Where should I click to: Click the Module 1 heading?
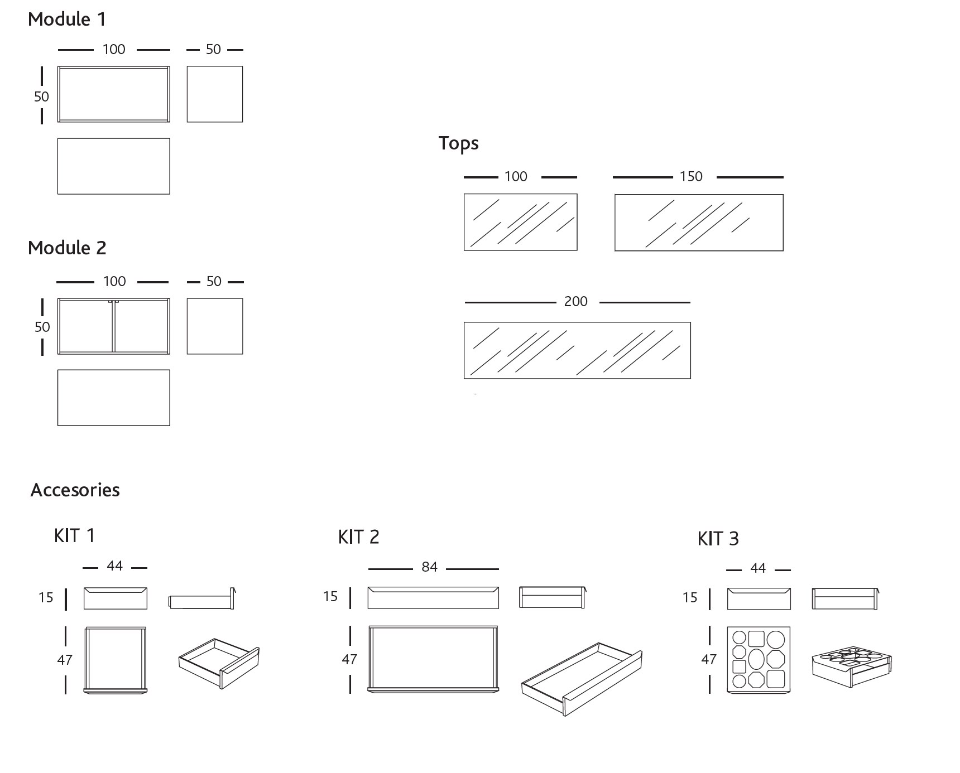point(66,20)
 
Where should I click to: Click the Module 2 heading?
point(67,248)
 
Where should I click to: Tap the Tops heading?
point(458,143)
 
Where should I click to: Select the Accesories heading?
point(75,490)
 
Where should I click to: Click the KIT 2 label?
point(358,537)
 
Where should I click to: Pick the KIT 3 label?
point(718,539)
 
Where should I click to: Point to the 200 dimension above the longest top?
point(575,302)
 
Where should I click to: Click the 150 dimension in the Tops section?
point(690,177)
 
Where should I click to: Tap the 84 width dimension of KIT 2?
point(429,567)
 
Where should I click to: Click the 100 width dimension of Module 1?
point(114,50)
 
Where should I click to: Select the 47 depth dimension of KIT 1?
point(65,660)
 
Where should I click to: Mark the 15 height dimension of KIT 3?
point(690,598)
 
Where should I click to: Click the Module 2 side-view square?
point(215,326)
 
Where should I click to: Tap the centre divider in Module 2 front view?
point(114,326)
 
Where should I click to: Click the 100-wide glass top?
point(520,222)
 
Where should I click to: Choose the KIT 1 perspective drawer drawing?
point(219,664)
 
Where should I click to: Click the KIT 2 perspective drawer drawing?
point(582,679)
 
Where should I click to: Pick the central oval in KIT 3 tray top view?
point(756,659)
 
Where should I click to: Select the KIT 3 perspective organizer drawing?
point(851,666)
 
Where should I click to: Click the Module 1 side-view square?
point(215,94)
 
